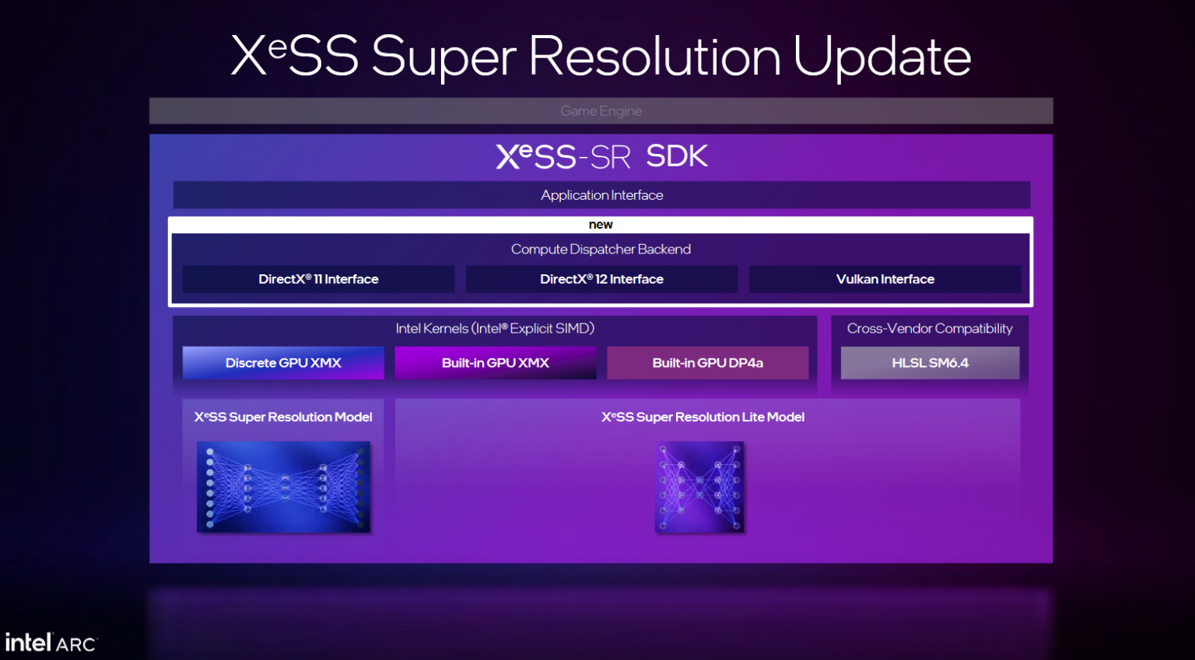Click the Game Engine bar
click(x=601, y=110)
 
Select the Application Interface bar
click(x=601, y=194)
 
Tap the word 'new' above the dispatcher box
click(x=600, y=225)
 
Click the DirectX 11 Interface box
click(x=318, y=279)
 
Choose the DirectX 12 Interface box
click(x=601, y=279)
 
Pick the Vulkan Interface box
click(x=885, y=279)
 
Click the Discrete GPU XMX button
click(x=283, y=363)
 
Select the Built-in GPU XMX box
click(x=496, y=363)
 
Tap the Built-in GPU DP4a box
click(x=708, y=363)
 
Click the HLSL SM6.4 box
click(x=930, y=363)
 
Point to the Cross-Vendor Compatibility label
click(x=930, y=328)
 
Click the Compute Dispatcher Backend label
click(x=601, y=249)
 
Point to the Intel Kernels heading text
click(x=495, y=328)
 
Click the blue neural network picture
click(x=283, y=487)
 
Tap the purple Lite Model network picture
click(x=699, y=487)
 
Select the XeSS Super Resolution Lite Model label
click(x=703, y=417)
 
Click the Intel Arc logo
click(x=51, y=642)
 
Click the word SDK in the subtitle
click(x=677, y=156)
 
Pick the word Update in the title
click(x=881, y=57)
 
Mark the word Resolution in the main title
click(x=654, y=56)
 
